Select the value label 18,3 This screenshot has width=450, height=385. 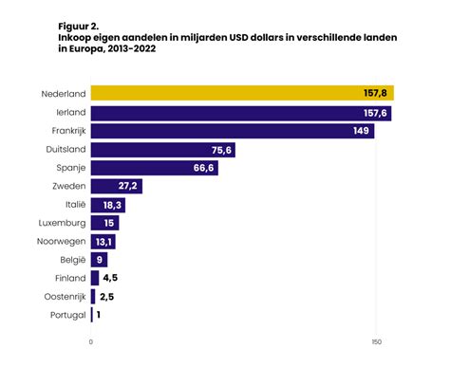114,205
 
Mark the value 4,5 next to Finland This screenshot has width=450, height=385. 111,278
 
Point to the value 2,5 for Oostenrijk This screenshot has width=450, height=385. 107,297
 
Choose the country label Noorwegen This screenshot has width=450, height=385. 62,242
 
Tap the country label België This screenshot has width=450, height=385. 72,260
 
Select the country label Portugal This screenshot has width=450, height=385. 67,315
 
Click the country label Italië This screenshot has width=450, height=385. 73,205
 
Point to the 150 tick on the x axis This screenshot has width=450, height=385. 377,341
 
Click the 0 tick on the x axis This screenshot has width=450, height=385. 91,341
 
